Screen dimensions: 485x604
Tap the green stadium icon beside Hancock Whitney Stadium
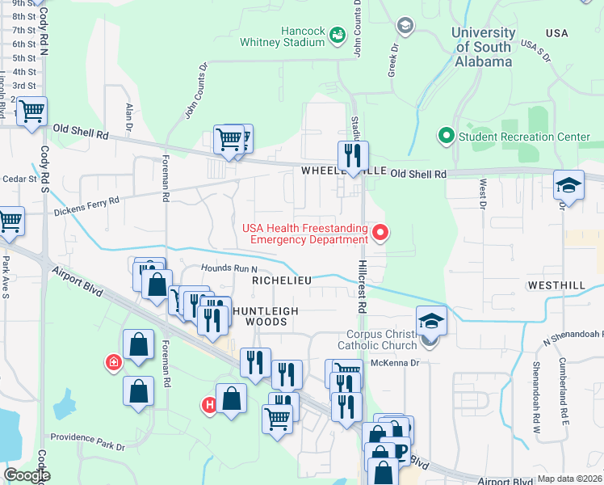pyautogui.click(x=338, y=34)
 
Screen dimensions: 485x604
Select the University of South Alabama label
pyautogui.click(x=483, y=47)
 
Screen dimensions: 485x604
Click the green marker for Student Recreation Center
pyautogui.click(x=445, y=137)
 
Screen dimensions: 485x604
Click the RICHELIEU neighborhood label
pyautogui.click(x=282, y=280)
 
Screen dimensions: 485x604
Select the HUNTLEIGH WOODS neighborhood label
pyautogui.click(x=266, y=316)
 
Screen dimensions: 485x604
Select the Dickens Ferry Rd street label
pyautogui.click(x=86, y=206)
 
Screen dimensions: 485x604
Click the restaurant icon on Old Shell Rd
pyautogui.click(x=353, y=156)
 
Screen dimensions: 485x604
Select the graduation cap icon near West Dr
pyautogui.click(x=568, y=186)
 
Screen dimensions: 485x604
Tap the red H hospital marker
pyautogui.click(x=209, y=403)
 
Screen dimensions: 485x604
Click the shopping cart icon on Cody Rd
pyautogui.click(x=32, y=112)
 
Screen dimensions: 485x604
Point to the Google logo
pyautogui.click(x=26, y=475)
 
